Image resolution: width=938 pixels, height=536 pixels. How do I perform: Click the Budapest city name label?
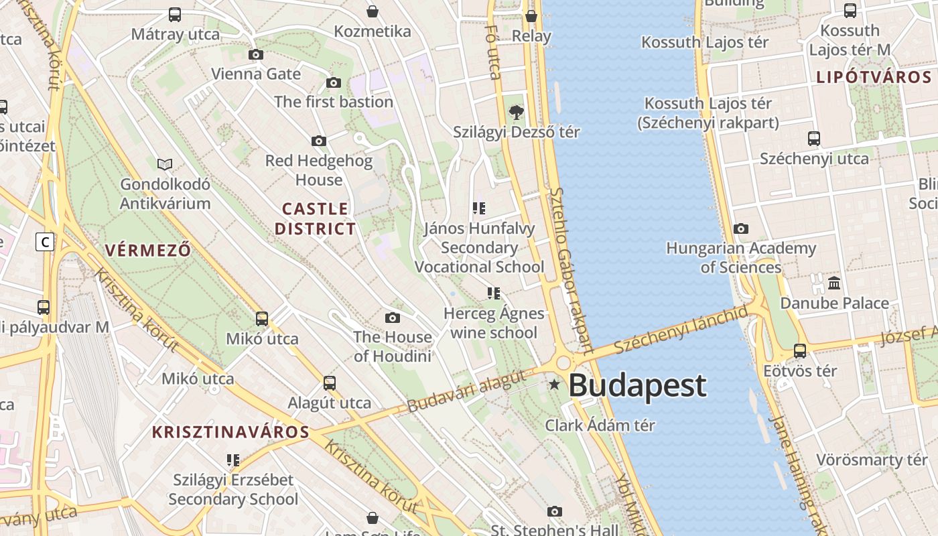(637, 386)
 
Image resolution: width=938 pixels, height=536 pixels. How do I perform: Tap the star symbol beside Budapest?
(554, 385)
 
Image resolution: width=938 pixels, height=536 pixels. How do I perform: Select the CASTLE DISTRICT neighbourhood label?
(315, 218)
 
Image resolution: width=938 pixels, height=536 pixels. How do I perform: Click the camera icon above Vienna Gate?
(255, 55)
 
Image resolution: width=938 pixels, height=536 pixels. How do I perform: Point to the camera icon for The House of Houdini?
(393, 318)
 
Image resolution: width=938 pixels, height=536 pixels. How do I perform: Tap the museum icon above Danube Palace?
(834, 283)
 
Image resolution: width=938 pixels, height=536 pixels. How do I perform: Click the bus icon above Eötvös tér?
(800, 351)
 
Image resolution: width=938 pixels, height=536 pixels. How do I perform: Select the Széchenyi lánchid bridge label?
(680, 330)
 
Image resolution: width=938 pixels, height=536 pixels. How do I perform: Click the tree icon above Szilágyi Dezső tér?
(516, 113)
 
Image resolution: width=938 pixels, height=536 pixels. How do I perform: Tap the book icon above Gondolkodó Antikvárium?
(165, 164)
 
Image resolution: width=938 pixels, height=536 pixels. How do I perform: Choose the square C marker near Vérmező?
(45, 242)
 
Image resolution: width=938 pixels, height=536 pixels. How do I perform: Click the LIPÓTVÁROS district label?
(874, 77)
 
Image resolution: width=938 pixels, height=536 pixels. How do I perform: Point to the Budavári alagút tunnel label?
(466, 391)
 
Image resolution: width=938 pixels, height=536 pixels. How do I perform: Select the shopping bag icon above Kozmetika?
(373, 12)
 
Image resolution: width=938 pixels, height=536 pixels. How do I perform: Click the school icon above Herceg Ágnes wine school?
(494, 293)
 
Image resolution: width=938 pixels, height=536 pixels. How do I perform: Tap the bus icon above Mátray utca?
(175, 15)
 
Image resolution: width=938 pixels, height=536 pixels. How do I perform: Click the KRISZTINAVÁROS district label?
(230, 432)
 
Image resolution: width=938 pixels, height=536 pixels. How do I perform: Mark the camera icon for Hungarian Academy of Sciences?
(741, 229)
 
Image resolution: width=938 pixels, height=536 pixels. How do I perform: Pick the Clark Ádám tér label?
(600, 425)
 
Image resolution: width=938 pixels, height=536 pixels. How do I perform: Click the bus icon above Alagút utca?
(329, 383)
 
